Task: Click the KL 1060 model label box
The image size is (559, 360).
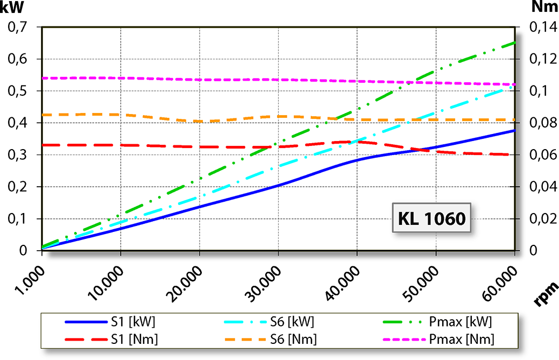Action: [431, 218]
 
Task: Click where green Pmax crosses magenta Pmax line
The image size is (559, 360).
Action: [409, 82]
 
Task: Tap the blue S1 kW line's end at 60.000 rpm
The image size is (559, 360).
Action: [515, 131]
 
